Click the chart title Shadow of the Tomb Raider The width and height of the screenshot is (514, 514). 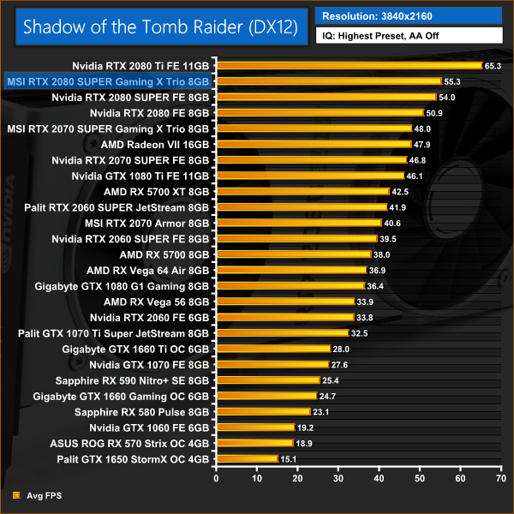tap(160, 27)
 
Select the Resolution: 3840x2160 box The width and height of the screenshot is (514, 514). tap(408, 15)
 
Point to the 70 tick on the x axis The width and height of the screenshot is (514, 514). tap(500, 475)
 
